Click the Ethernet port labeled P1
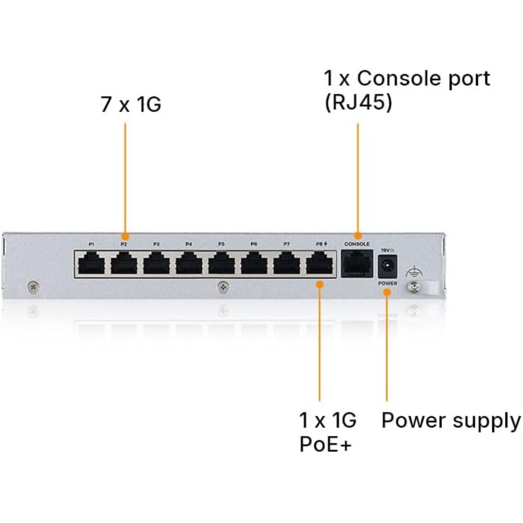tap(92, 263)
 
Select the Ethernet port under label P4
tap(189, 263)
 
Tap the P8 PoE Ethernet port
tap(320, 263)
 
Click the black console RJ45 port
tap(357, 264)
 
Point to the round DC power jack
tap(387, 266)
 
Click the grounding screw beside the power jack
tap(414, 286)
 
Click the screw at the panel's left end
tap(33, 286)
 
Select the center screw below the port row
tap(223, 287)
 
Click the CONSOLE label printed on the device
tap(357, 244)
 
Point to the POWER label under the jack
tap(388, 283)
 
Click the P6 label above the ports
tap(254, 244)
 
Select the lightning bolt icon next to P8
tap(325, 244)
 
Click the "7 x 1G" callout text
tap(131, 104)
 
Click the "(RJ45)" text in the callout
tap(358, 102)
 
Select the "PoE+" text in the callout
tap(325, 444)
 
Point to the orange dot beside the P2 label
tap(125, 236)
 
